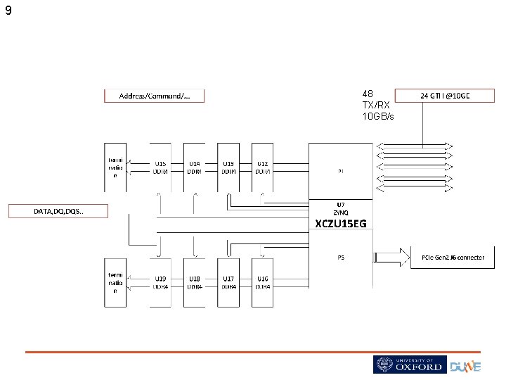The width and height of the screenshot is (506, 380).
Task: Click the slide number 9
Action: coord(8,11)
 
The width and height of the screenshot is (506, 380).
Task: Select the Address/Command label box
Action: coord(154,96)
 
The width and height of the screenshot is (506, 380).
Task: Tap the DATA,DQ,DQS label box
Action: coord(58,211)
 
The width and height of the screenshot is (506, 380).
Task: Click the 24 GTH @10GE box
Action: coord(445,96)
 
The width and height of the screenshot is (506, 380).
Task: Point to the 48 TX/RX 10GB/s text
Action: coord(377,105)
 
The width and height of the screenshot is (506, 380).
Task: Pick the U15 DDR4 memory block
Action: coord(160,167)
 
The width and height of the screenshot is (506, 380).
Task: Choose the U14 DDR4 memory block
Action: coord(195,167)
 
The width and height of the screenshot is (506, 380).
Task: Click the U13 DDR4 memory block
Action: coord(228,167)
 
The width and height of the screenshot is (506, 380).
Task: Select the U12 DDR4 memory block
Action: coord(262,167)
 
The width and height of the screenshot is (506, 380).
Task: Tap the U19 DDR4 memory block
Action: coord(160,283)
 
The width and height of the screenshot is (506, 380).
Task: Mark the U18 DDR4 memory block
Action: coord(195,283)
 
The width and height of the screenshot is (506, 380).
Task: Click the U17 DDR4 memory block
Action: coord(228,283)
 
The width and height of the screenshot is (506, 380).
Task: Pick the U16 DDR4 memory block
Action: coord(262,283)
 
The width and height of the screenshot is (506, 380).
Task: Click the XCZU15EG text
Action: coord(341,224)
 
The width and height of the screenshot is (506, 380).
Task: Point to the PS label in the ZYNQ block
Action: coord(341,258)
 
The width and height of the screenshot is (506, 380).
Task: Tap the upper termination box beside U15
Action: coord(116,167)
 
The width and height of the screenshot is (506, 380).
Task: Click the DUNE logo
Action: coord(466,366)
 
